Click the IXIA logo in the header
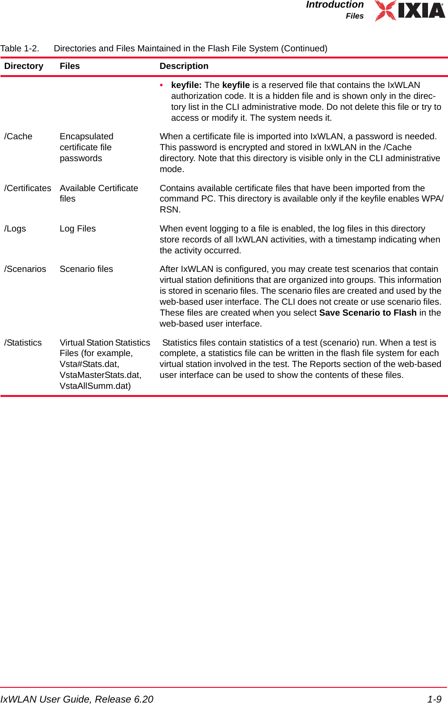pyautogui.click(x=410, y=10)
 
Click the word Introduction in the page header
pyautogui.click(x=335, y=5)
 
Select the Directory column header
pyautogui.click(x=24, y=66)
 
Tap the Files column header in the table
pyautogui.click(x=70, y=66)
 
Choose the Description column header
pyautogui.click(x=184, y=66)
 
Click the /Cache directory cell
pyautogui.click(x=18, y=136)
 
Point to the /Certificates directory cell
pyautogui.click(x=28, y=188)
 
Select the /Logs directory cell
pyautogui.click(x=15, y=229)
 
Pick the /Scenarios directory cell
pyautogui.click(x=25, y=269)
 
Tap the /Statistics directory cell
pyautogui.click(x=23, y=343)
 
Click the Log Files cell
pyautogui.click(x=78, y=229)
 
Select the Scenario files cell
pyautogui.click(x=86, y=269)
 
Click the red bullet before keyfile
pyautogui.click(x=162, y=85)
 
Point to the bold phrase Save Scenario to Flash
pyautogui.click(x=368, y=313)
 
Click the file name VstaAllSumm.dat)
pyautogui.click(x=95, y=386)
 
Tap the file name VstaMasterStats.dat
pyautogui.click(x=100, y=375)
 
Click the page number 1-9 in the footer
pyautogui.click(x=434, y=699)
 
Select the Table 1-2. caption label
pyautogui.click(x=20, y=48)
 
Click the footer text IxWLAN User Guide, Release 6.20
pyautogui.click(x=77, y=699)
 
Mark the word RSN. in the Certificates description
pyautogui.click(x=170, y=210)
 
